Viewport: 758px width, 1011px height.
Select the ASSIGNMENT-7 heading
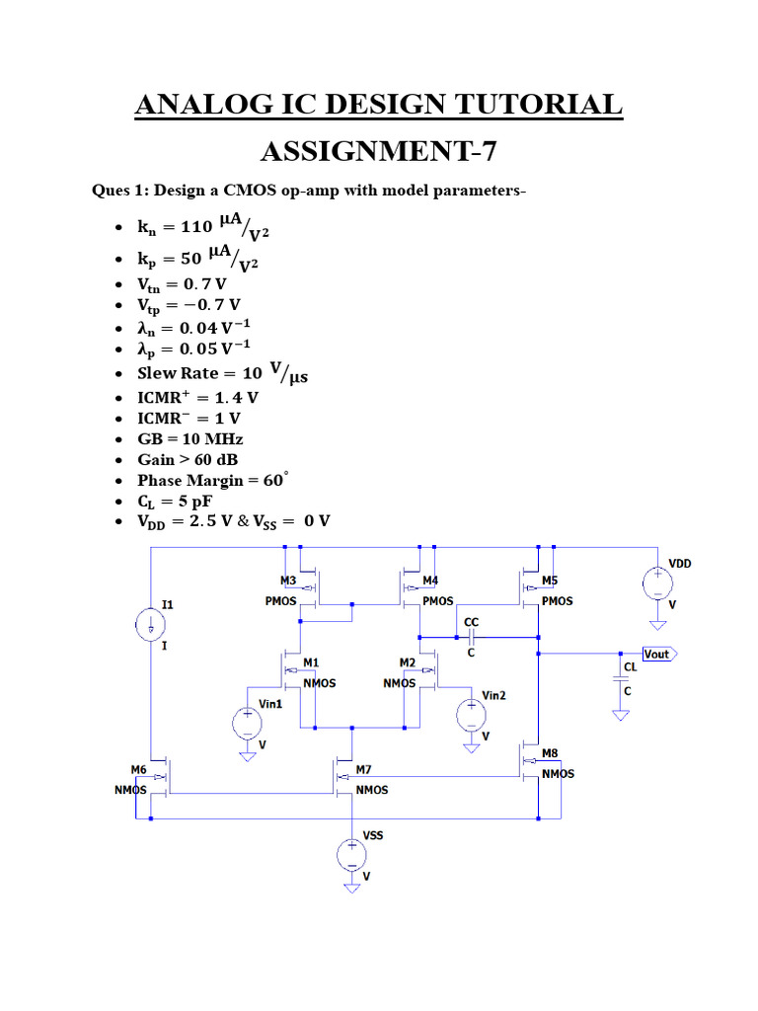(379, 152)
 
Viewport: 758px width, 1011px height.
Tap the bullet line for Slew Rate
(208, 373)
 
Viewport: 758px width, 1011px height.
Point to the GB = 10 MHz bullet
(189, 438)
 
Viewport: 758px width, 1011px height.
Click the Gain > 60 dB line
(188, 460)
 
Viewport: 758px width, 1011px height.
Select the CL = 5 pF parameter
(175, 501)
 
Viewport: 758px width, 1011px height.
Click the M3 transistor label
(288, 581)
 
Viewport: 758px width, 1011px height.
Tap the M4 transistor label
(430, 581)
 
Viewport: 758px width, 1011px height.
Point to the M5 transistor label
(550, 581)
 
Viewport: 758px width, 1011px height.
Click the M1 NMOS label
(312, 661)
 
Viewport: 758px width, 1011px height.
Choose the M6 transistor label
(139, 768)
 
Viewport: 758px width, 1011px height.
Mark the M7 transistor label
(363, 768)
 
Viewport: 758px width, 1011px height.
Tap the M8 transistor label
(550, 752)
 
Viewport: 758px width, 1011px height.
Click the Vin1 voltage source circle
(247, 724)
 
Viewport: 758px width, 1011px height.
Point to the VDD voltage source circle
(655, 583)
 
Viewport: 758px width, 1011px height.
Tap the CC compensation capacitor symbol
(471, 638)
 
